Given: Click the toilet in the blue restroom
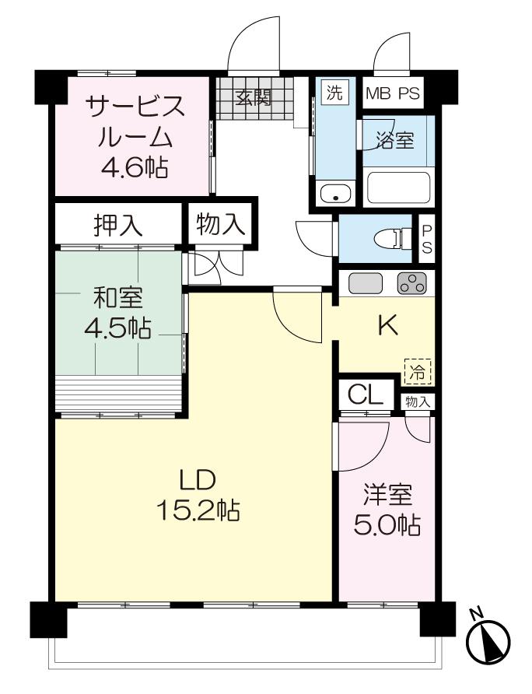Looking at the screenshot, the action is coord(390,240).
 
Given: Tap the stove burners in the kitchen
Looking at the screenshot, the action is coord(412,284).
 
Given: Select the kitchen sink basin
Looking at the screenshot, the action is coord(365,283).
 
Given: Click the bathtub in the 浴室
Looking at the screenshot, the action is coord(398,188).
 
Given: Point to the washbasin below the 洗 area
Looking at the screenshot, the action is coord(335,194).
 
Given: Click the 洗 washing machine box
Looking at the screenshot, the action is coord(334,92).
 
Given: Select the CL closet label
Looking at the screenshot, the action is coord(365,394).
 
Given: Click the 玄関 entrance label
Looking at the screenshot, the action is coord(253,98).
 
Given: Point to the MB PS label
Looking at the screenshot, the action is coord(393,93).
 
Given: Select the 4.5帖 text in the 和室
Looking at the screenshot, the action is coord(117,328).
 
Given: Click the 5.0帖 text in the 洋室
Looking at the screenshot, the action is coord(387,525).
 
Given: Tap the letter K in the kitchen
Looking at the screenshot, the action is coord(387,327).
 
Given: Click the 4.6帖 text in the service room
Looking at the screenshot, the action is coord(135,167).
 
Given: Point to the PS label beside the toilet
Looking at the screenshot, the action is coord(427,240).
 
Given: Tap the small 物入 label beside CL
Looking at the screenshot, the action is coord(418,402).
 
